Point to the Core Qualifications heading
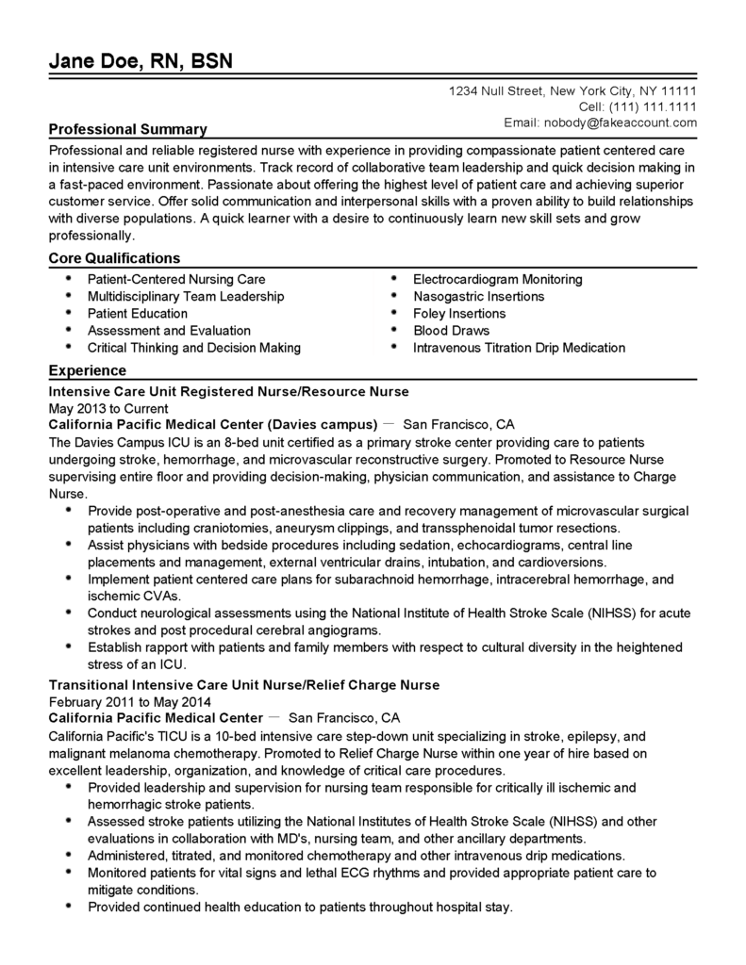[x=114, y=258]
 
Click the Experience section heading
[x=88, y=371]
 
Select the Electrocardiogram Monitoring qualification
[x=497, y=280]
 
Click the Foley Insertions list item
[x=459, y=314]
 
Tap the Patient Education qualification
[x=138, y=314]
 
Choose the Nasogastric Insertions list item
[x=478, y=297]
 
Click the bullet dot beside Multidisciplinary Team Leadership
[x=69, y=295]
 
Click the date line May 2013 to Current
[x=108, y=409]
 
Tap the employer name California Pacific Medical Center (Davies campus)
[x=213, y=424]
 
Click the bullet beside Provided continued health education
[x=69, y=906]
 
